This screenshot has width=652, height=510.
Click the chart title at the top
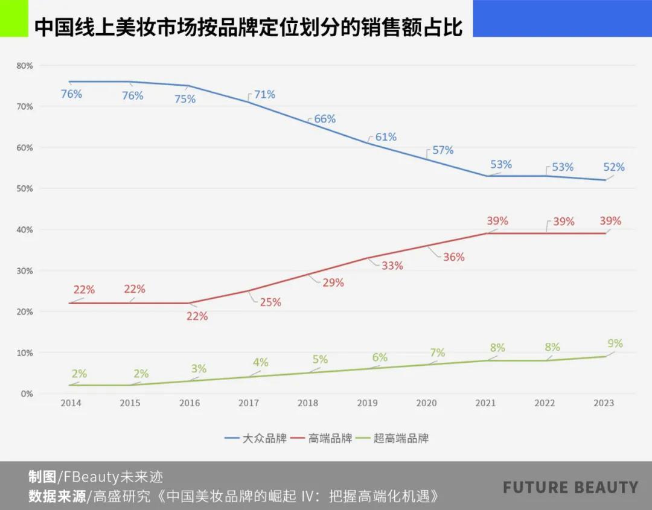tap(248, 28)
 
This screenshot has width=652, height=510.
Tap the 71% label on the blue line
tap(264, 94)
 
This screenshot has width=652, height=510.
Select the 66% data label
tap(325, 119)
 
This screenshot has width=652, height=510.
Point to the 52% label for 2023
tap(614, 167)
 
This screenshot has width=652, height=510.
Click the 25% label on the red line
tap(270, 302)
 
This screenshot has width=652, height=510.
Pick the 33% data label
tap(392, 265)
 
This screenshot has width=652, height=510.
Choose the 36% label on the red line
tap(453, 257)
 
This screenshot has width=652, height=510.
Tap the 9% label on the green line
tap(615, 343)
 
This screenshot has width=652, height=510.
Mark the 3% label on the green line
tap(199, 369)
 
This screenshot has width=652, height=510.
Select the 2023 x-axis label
tap(604, 403)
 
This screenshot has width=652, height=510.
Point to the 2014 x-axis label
tap(71, 403)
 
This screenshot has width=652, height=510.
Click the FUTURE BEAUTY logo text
tap(570, 488)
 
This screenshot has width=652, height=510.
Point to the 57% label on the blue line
tap(443, 150)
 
